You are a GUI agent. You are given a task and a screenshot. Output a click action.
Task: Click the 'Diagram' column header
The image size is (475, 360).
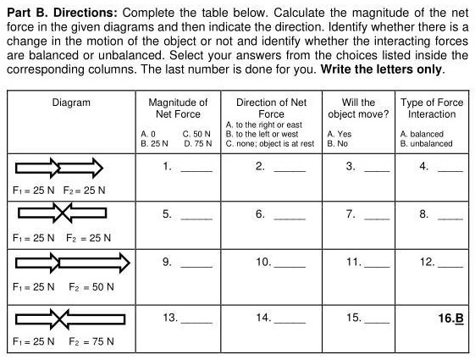point(71,103)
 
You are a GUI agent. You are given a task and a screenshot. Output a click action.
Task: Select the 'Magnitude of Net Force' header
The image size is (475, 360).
point(177,108)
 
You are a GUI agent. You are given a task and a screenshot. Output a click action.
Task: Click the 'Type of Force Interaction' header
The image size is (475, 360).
point(432,108)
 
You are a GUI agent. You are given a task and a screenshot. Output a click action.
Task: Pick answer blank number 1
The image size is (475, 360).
point(196,168)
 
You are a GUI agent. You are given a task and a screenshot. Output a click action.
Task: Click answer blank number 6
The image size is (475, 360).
point(289,216)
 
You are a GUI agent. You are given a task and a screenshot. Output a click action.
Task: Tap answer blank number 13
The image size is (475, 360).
point(196,319)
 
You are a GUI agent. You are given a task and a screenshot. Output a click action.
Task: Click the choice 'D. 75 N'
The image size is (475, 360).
point(196,143)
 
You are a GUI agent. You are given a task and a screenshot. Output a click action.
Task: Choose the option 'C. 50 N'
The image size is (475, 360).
point(196,134)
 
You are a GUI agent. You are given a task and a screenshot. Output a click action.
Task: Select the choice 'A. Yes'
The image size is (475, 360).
point(340,134)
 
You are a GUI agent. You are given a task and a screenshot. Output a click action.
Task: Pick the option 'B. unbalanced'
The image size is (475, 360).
point(426,143)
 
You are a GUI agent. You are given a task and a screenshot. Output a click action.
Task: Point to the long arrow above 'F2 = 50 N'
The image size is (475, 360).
point(94,266)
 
